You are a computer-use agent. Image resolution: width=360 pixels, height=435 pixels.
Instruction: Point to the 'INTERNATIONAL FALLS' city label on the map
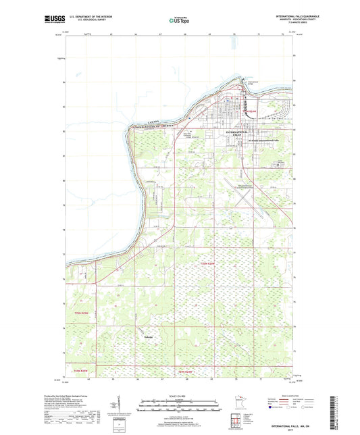click(x=242, y=132)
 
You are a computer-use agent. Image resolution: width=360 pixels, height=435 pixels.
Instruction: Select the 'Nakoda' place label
click(x=149, y=336)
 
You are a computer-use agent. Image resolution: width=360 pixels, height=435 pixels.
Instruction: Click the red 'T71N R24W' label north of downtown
click(x=251, y=111)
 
